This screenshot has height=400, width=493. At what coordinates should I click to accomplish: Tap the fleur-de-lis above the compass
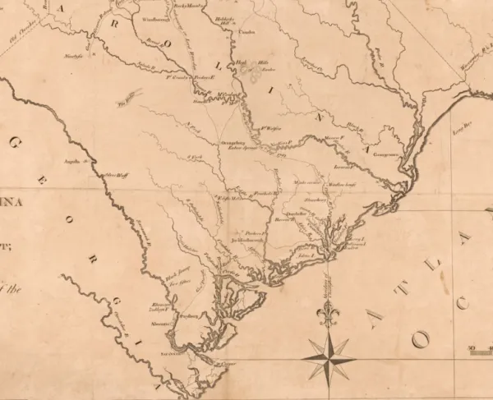[329, 314]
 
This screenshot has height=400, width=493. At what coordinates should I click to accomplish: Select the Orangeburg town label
[233, 143]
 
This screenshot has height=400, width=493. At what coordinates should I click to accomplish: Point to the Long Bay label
[464, 126]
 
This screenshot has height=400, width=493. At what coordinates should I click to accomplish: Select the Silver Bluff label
[117, 174]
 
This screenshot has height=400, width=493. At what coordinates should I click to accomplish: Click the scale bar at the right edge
[479, 349]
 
